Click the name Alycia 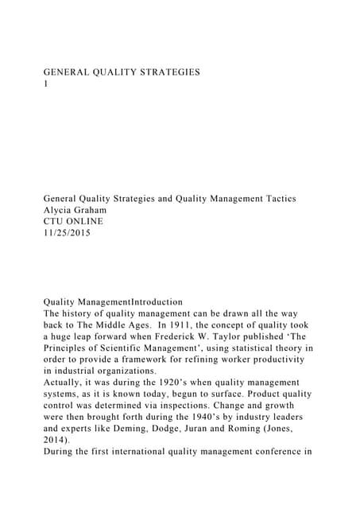[60, 209]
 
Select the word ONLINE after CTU [87, 221]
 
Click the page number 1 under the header [45, 83]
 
